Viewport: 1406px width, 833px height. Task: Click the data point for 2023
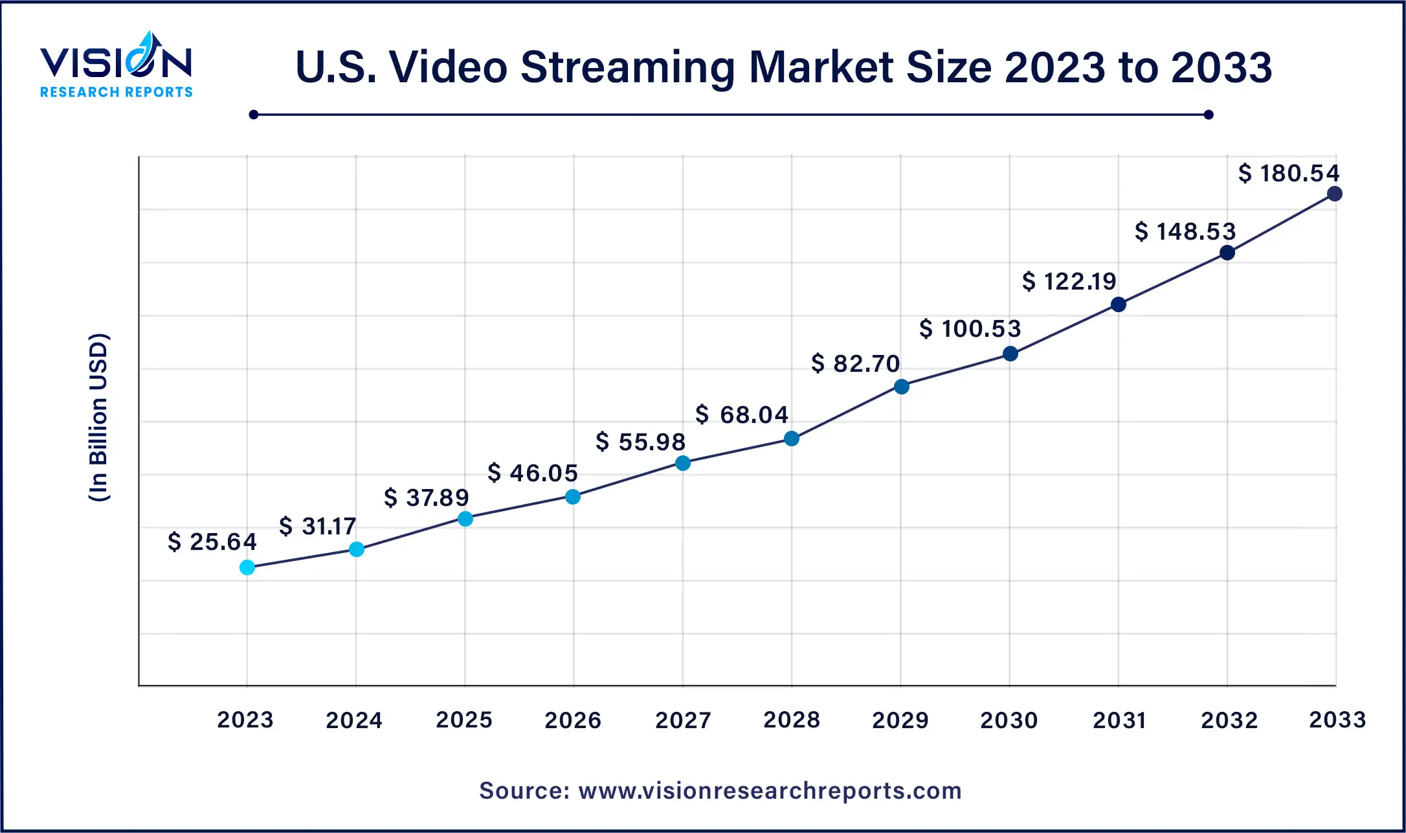[x=247, y=567]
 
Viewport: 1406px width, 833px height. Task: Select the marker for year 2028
[x=791, y=439]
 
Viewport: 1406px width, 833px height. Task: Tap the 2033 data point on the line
[x=1334, y=194]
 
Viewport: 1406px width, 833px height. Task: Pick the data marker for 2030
[x=1010, y=354]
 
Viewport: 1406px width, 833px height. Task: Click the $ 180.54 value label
[x=1288, y=173]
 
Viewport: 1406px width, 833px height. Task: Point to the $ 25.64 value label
[x=212, y=542]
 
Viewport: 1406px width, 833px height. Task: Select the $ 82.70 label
[x=855, y=363]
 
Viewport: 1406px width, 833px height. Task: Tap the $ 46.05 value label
[x=532, y=473]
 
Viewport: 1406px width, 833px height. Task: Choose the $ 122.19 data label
[x=1069, y=281]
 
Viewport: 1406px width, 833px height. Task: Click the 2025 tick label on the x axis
[x=464, y=720]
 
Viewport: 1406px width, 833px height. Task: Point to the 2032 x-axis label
[x=1229, y=720]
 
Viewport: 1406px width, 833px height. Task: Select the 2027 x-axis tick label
[x=683, y=720]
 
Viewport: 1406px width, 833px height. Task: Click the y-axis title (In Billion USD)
[x=98, y=418]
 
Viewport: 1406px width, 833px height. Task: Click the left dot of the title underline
[x=254, y=115]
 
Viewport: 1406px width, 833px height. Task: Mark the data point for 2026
[x=573, y=497]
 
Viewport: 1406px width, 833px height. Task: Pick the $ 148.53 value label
[x=1185, y=231]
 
